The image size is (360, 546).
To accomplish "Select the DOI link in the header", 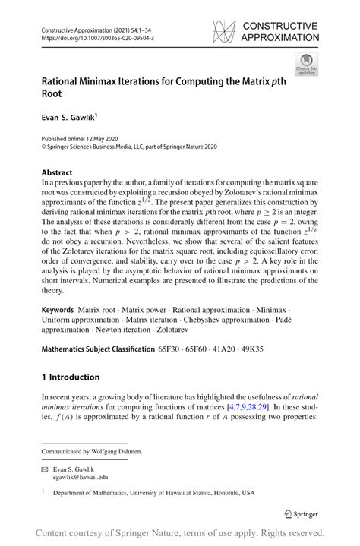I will point(90,36).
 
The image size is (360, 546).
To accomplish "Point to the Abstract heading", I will point(57,172).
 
